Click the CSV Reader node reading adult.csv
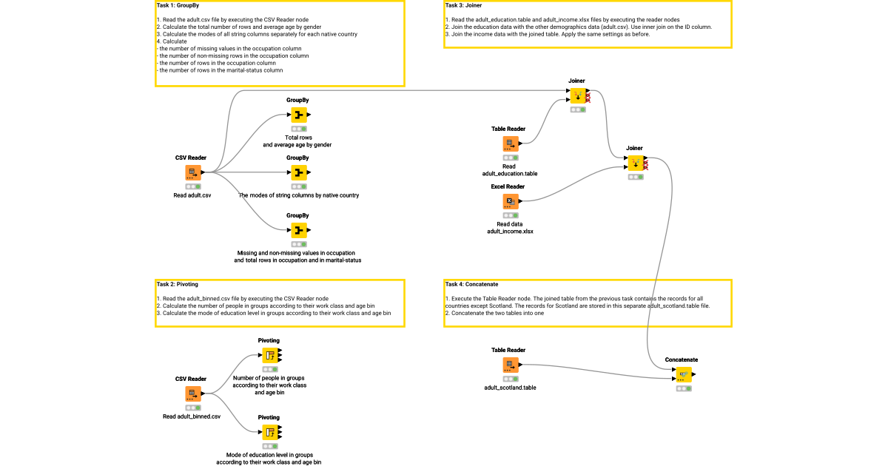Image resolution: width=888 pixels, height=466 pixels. (x=192, y=172)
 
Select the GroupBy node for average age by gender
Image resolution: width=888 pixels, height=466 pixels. (x=297, y=115)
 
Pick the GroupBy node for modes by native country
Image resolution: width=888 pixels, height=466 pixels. (x=297, y=172)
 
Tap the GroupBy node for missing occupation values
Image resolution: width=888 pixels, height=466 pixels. (x=297, y=230)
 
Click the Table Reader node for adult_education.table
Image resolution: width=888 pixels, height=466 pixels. (x=509, y=143)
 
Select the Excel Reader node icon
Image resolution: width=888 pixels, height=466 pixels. (x=509, y=201)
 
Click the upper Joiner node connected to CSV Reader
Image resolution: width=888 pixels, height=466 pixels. (x=577, y=95)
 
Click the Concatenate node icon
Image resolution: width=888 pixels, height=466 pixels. (x=683, y=374)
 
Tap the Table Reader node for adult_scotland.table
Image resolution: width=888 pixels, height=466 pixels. (x=509, y=365)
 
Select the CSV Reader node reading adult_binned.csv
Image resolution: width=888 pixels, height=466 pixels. (x=192, y=394)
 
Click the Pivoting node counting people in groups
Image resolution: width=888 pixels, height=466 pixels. (x=269, y=355)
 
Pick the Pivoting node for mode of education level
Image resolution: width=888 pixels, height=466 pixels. (x=269, y=432)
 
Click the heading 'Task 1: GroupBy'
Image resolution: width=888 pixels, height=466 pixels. (x=178, y=5)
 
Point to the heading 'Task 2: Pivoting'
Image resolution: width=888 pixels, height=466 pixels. (x=178, y=284)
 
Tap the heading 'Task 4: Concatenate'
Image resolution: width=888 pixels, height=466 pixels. (x=471, y=284)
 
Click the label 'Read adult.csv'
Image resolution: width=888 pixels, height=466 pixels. (x=192, y=196)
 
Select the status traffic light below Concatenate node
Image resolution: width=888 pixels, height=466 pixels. (x=683, y=388)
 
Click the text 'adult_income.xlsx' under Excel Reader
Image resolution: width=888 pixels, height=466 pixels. (x=510, y=232)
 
